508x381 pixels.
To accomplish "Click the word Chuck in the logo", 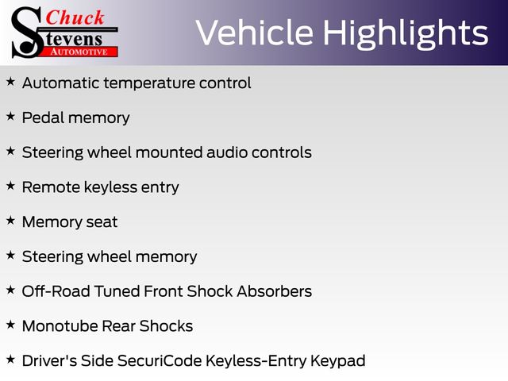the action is point(75,17).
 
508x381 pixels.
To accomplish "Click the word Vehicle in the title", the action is point(255,33).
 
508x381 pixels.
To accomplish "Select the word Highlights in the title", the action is point(406,34).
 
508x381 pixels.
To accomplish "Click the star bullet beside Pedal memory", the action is point(10,116).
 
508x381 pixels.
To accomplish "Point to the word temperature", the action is point(149,83).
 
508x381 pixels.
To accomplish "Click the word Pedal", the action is point(43,117).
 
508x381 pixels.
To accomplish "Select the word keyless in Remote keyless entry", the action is point(110,187).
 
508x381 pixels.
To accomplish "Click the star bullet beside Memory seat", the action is point(10,221).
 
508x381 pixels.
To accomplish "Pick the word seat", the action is point(102,222).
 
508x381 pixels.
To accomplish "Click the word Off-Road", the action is point(56,291).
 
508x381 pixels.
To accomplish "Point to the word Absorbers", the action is point(274,291).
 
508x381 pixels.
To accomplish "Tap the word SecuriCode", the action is point(159,360).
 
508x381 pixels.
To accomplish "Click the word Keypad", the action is point(338,361).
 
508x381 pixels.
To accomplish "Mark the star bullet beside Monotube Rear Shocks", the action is point(10,325).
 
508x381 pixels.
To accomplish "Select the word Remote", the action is point(51,187).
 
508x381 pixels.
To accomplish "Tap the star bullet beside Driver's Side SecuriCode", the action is point(10,359).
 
